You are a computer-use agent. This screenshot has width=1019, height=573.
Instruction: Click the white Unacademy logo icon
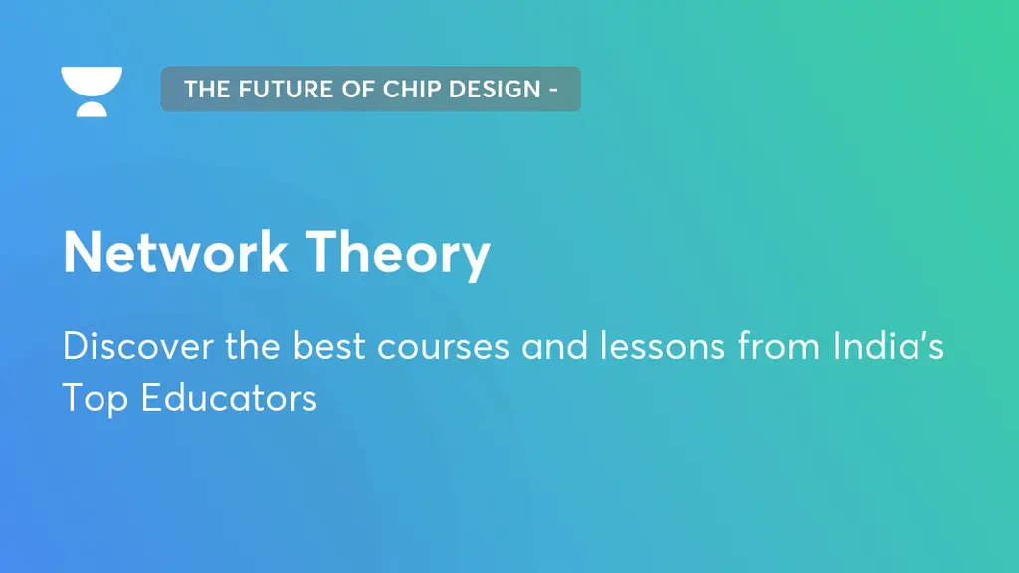coord(92,90)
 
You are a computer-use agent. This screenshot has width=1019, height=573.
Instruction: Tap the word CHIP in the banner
coord(407,89)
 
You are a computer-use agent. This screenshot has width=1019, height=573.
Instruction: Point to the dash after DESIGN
coord(551,90)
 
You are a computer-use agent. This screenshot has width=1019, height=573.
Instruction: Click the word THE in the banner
coord(207,89)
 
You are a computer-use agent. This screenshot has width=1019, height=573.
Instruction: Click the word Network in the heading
coord(176,253)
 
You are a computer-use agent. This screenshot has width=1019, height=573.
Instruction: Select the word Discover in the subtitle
coord(125,347)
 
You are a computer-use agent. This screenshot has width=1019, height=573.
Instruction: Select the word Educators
coord(229,398)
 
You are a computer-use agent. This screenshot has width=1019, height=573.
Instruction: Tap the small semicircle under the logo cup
coord(92,108)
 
